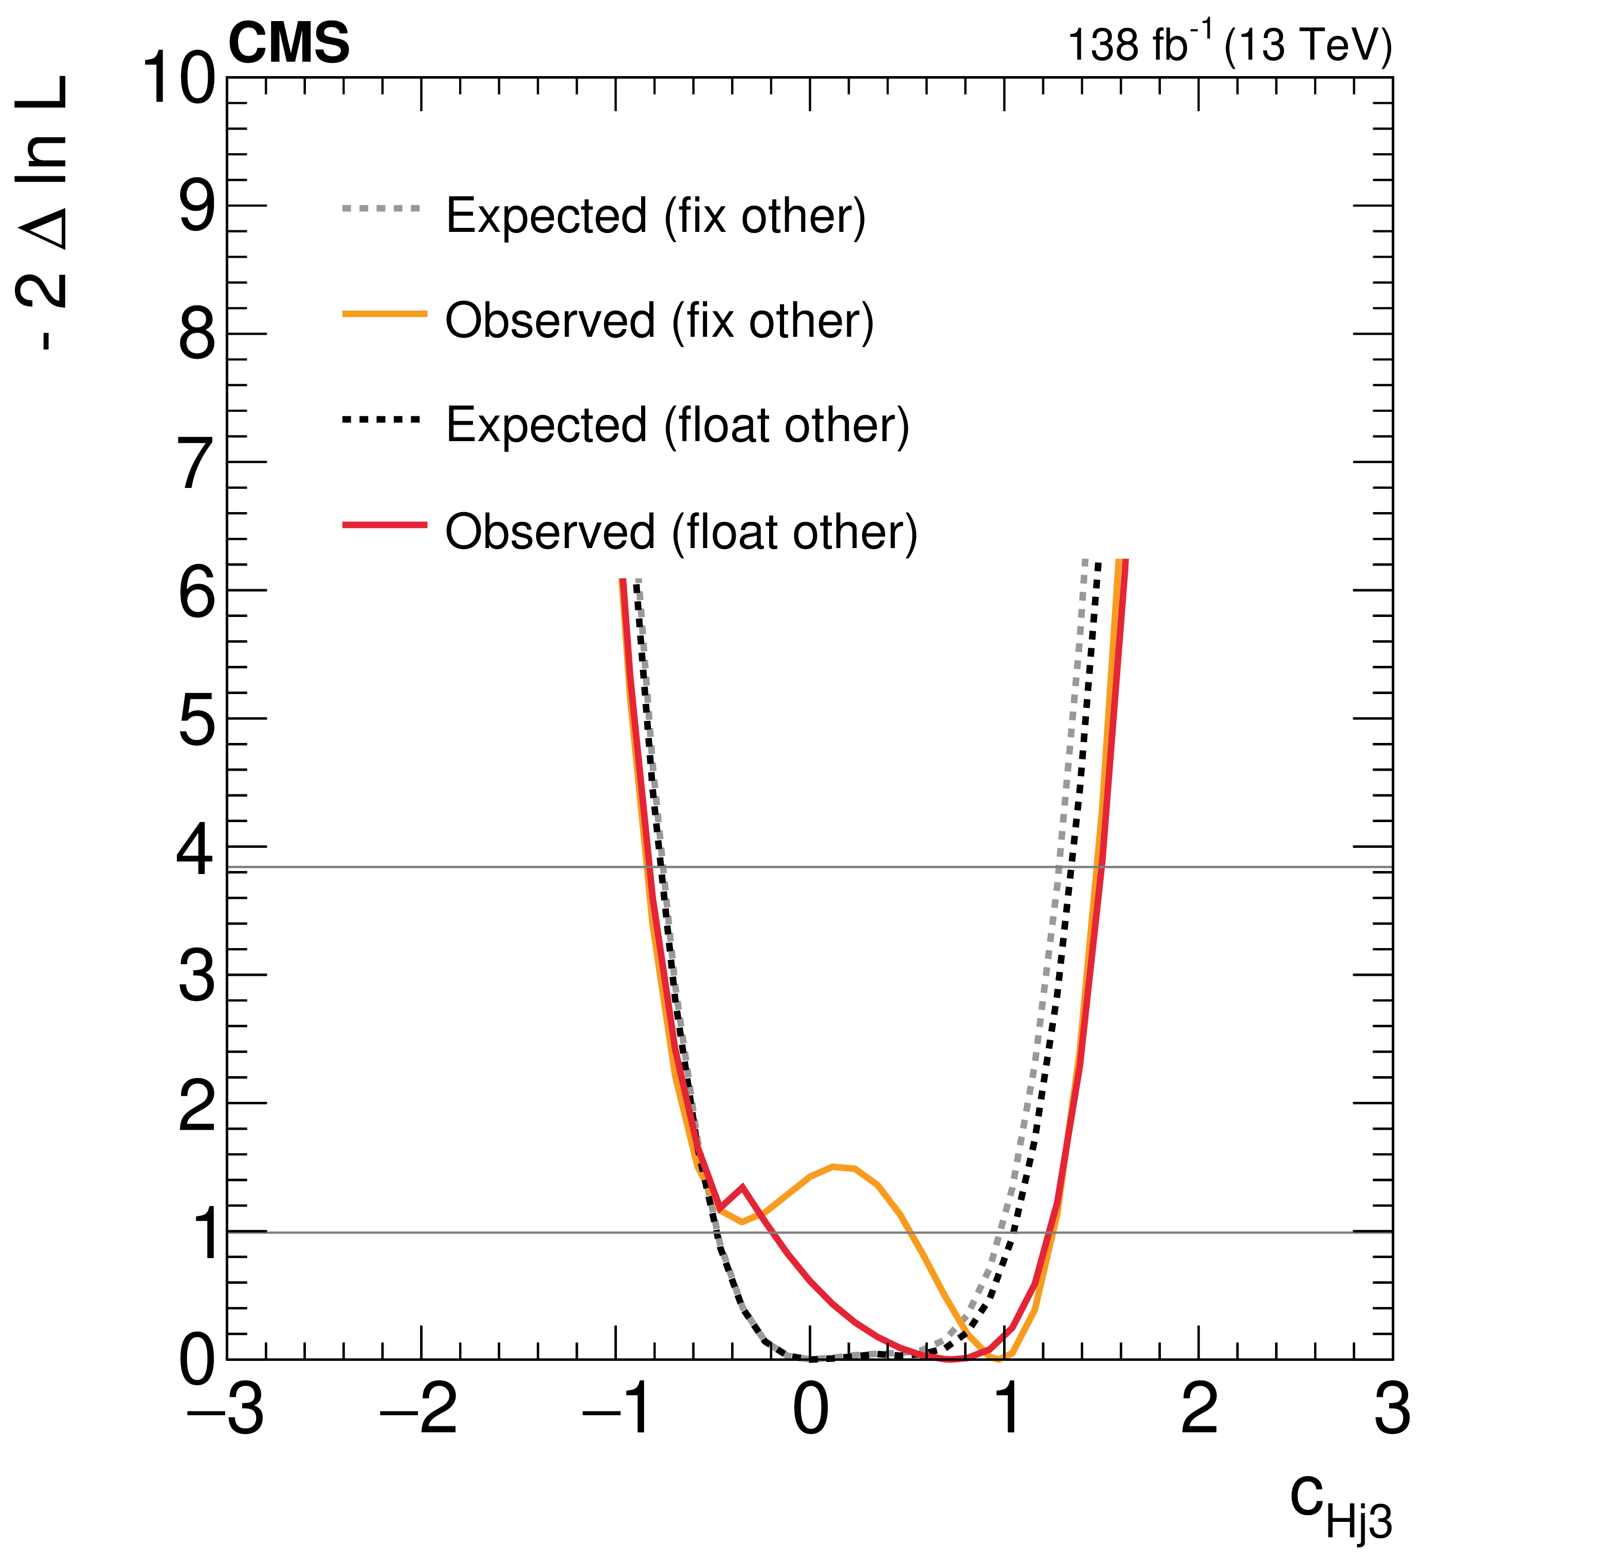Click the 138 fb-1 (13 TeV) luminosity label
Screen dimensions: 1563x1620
[1229, 45]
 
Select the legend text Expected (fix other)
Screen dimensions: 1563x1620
[656, 216]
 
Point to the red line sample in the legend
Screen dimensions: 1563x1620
[385, 525]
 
